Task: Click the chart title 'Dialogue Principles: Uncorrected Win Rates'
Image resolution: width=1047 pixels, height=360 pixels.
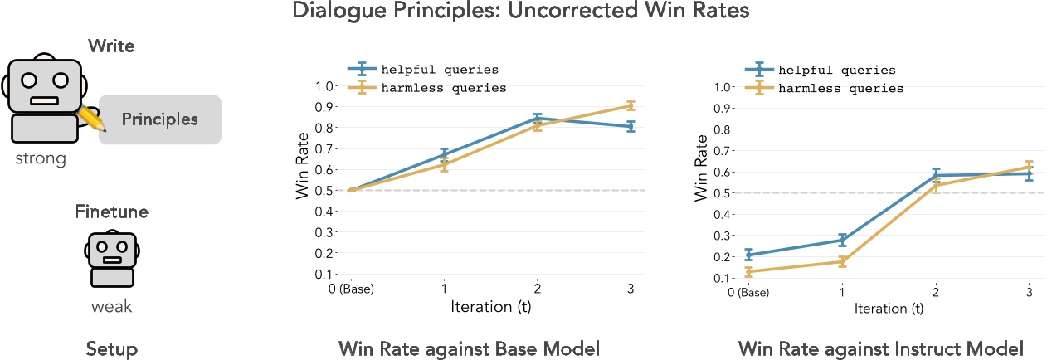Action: pyautogui.click(x=523, y=12)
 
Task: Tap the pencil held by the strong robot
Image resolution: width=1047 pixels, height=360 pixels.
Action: pyautogui.click(x=90, y=119)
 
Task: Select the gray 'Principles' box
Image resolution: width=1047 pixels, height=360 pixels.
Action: pyautogui.click(x=160, y=119)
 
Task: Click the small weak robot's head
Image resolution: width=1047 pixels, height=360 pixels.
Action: pyautogui.click(x=111, y=247)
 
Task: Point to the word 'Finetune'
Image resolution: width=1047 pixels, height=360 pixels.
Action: pyautogui.click(x=111, y=212)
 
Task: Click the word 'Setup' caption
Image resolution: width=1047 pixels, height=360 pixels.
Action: pyautogui.click(x=111, y=349)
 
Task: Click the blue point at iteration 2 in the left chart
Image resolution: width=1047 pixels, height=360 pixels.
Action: pyautogui.click(x=538, y=118)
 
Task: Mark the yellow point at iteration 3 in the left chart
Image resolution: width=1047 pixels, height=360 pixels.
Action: pyautogui.click(x=631, y=105)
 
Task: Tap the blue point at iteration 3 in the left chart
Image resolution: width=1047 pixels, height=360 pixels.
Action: pyautogui.click(x=631, y=126)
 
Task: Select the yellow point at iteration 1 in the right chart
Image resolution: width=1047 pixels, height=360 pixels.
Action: pyautogui.click(x=842, y=261)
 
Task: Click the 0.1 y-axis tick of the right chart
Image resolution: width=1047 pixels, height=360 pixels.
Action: pyautogui.click(x=723, y=278)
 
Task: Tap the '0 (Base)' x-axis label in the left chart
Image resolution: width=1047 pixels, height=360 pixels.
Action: pyautogui.click(x=350, y=289)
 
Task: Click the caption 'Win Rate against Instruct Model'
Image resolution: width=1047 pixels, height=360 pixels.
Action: pyautogui.click(x=880, y=349)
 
